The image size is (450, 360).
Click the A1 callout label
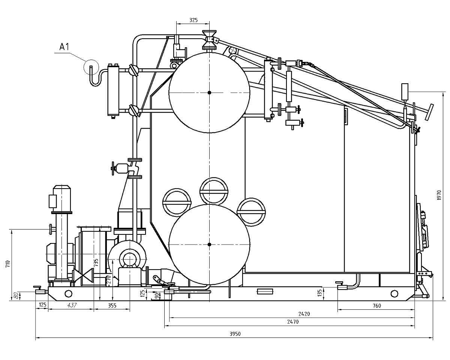click(x=64, y=47)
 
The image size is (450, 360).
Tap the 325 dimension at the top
click(x=193, y=20)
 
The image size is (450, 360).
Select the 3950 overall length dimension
click(x=235, y=334)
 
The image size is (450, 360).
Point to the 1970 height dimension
click(x=439, y=195)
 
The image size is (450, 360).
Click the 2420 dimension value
click(x=304, y=314)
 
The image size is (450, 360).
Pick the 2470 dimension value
click(x=293, y=322)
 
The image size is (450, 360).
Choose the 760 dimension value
click(x=377, y=306)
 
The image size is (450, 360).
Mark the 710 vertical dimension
click(x=7, y=264)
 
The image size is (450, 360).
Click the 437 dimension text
click(x=72, y=305)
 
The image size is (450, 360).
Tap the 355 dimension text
click(x=112, y=305)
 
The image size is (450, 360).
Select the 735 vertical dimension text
click(x=96, y=263)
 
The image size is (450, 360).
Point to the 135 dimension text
click(x=319, y=293)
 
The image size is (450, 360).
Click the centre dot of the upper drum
click(x=209, y=93)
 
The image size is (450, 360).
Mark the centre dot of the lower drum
click(x=209, y=244)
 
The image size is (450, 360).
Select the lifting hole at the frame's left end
click(x=68, y=294)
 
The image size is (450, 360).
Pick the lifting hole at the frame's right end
click(x=394, y=294)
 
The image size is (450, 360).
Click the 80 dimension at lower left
click(x=16, y=295)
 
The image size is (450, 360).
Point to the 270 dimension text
click(x=108, y=280)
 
